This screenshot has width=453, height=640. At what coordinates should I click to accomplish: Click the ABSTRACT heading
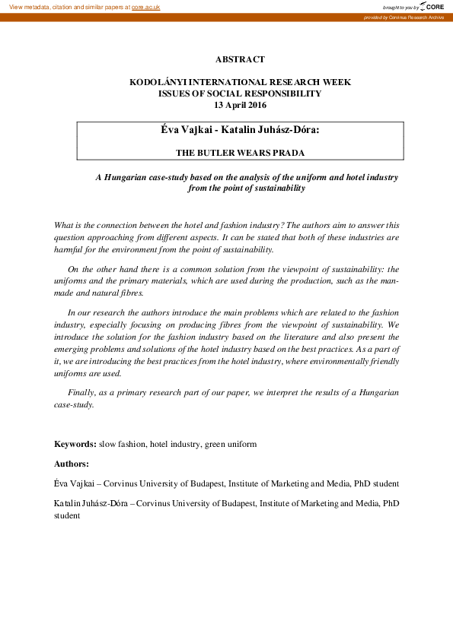[x=240, y=59]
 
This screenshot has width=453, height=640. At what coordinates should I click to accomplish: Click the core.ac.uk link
[x=146, y=6]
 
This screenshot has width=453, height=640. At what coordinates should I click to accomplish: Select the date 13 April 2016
[x=240, y=105]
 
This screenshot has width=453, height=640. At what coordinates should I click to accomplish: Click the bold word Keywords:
[x=75, y=443]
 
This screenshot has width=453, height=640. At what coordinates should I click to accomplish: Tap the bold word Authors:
[x=72, y=463]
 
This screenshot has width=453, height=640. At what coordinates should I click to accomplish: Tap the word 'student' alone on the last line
[x=67, y=515]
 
